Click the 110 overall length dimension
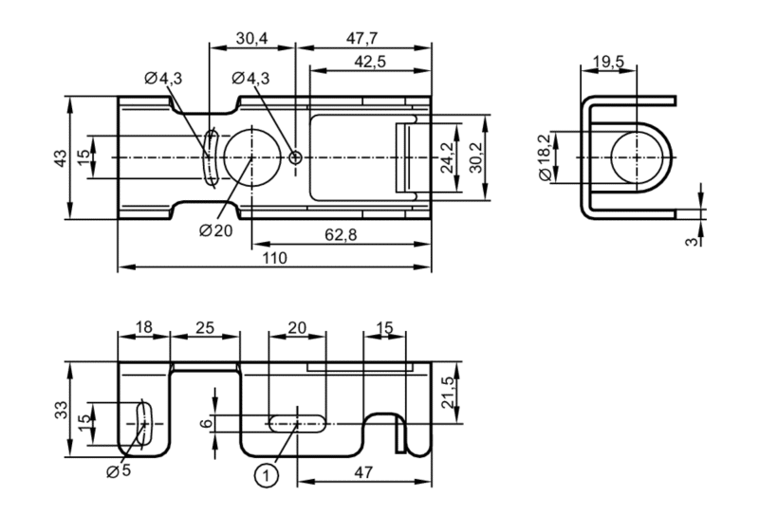pos(274,258)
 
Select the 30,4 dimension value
pos(251,38)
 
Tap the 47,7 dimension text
pos(362,38)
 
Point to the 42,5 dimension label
pos(370,62)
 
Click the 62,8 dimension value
pos(341,235)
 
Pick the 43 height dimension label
pos(61,158)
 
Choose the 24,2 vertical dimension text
pos(447,157)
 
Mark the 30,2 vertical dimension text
pos(476,157)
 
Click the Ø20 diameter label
pos(216,230)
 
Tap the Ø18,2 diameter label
pos(544,157)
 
